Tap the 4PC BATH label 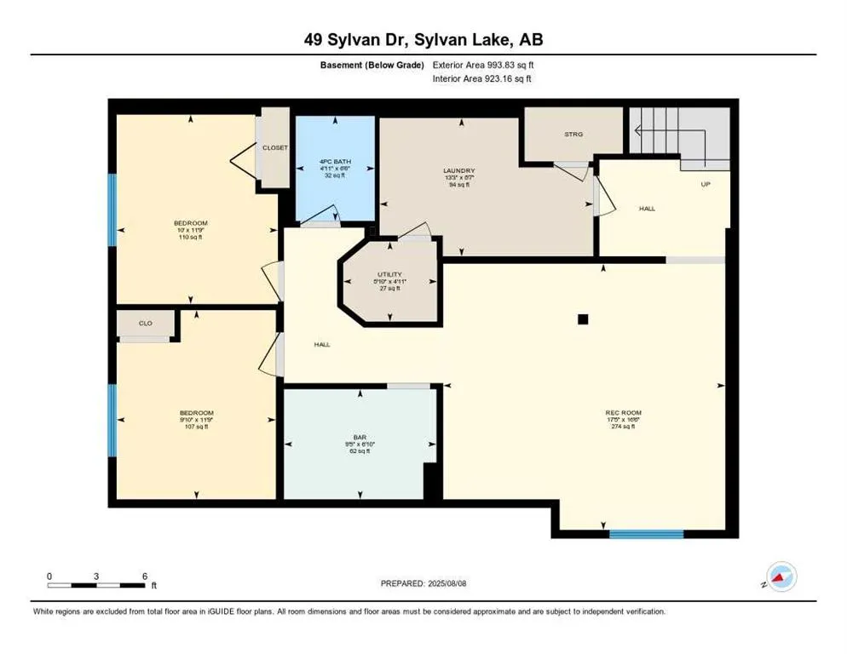334,162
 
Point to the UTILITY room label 389,274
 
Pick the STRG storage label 573,134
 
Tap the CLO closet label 147,324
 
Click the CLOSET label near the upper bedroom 274,147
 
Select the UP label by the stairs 705,184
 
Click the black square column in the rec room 583,319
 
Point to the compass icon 781,577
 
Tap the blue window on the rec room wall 646,534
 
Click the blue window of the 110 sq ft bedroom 112,209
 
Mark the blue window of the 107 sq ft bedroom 112,420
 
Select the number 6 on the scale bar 145,577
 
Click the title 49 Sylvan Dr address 423,38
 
